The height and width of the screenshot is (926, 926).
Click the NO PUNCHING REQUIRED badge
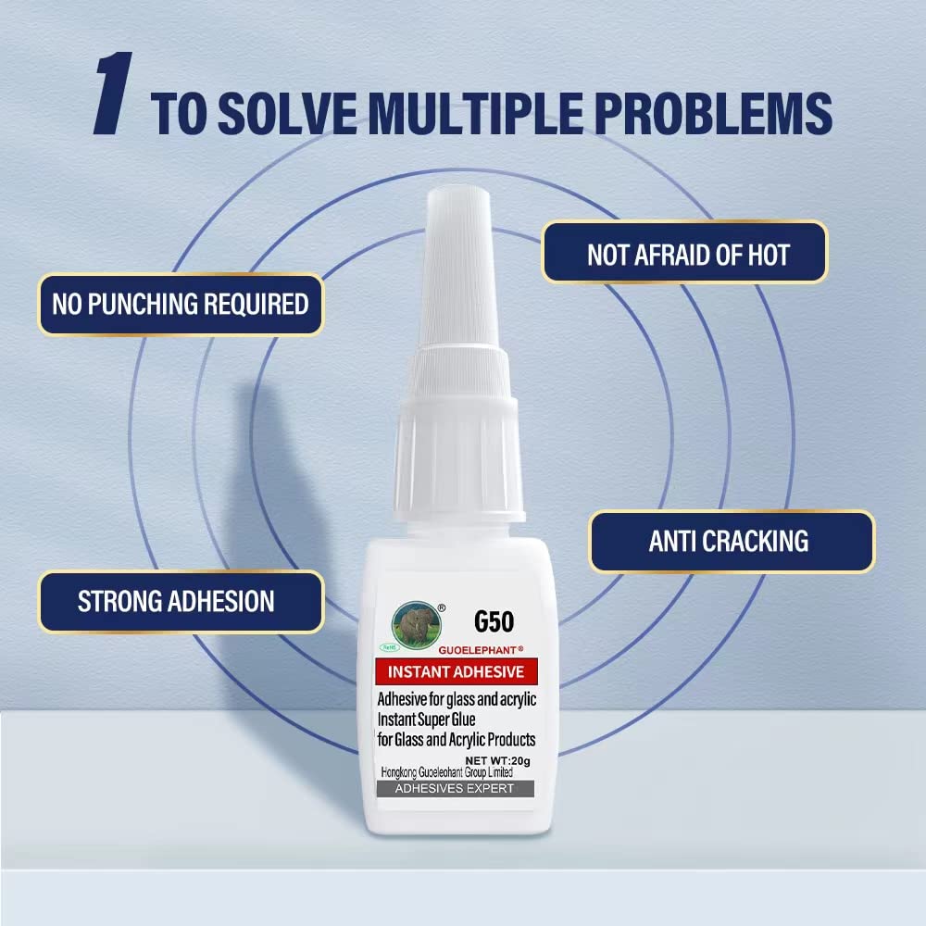(x=181, y=304)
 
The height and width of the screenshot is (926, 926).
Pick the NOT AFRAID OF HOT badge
(x=688, y=252)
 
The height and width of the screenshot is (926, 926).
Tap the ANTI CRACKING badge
(x=730, y=541)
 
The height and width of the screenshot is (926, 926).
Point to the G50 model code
(x=494, y=620)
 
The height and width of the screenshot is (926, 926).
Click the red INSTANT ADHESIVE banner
(x=455, y=671)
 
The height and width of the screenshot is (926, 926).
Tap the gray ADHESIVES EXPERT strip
(x=452, y=788)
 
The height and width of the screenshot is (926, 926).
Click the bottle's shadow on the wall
(x=278, y=482)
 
